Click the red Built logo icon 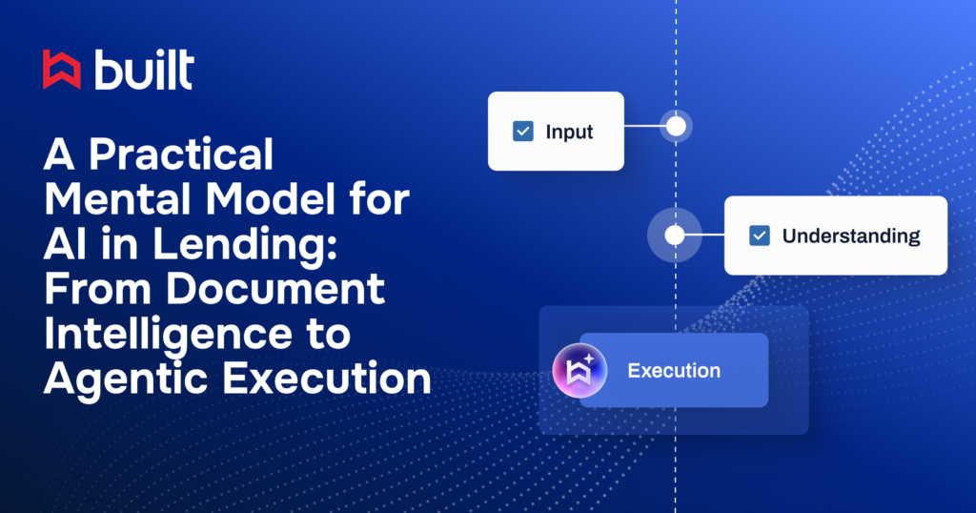62,70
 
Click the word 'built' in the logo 144,70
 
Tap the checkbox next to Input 523,132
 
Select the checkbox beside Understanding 760,236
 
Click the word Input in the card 569,132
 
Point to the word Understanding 850,236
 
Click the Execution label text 673,370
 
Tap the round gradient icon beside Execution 579,370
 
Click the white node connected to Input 676,126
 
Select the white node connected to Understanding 675,235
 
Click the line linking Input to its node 644,126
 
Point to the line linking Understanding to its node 704,235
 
